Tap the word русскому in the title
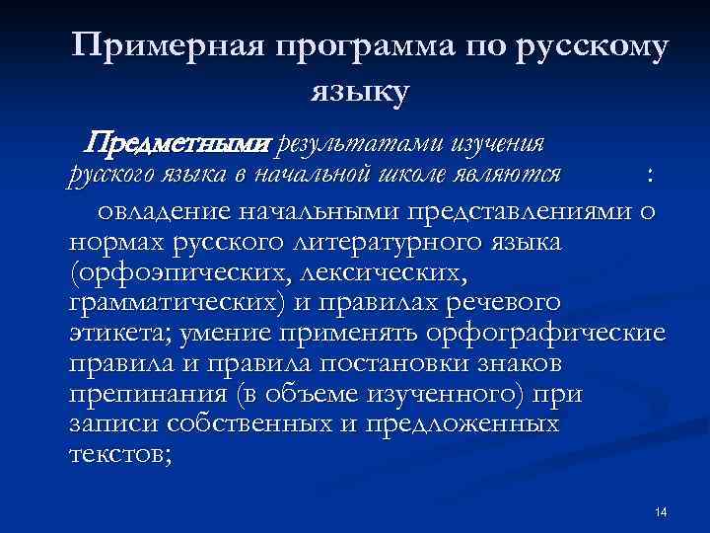[x=592, y=49]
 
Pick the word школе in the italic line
[x=431, y=175]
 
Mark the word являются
[x=519, y=175]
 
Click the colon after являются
[x=649, y=177]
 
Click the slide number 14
[x=661, y=511]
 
